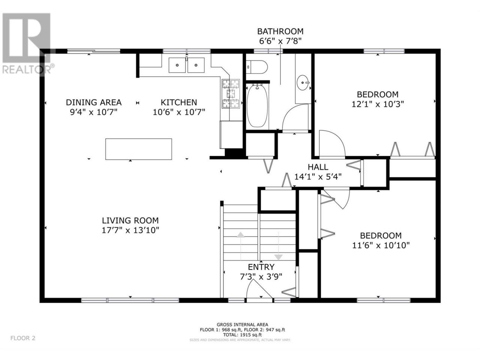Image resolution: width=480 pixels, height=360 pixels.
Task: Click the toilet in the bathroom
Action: [256, 67]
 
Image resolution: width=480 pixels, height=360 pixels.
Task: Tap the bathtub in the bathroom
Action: [257, 106]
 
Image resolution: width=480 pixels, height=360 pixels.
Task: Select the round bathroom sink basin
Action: [303, 82]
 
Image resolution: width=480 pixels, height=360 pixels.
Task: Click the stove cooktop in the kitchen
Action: [231, 93]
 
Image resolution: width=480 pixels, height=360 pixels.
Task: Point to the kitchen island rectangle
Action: [138, 149]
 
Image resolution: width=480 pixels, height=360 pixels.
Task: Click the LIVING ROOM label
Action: [130, 220]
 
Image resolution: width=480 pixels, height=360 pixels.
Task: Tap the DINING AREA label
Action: [94, 102]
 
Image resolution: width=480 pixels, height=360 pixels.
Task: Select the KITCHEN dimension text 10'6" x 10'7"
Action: [178, 112]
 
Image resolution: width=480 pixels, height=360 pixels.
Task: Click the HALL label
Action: [318, 167]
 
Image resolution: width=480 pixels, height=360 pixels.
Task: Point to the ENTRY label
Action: [261, 267]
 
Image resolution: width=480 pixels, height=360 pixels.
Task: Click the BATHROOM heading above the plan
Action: [280, 31]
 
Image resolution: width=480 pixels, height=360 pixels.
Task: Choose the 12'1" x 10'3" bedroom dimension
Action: [378, 104]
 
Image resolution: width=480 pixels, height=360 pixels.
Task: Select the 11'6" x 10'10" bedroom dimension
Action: [381, 245]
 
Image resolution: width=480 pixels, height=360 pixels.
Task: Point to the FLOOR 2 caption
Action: [23, 338]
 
